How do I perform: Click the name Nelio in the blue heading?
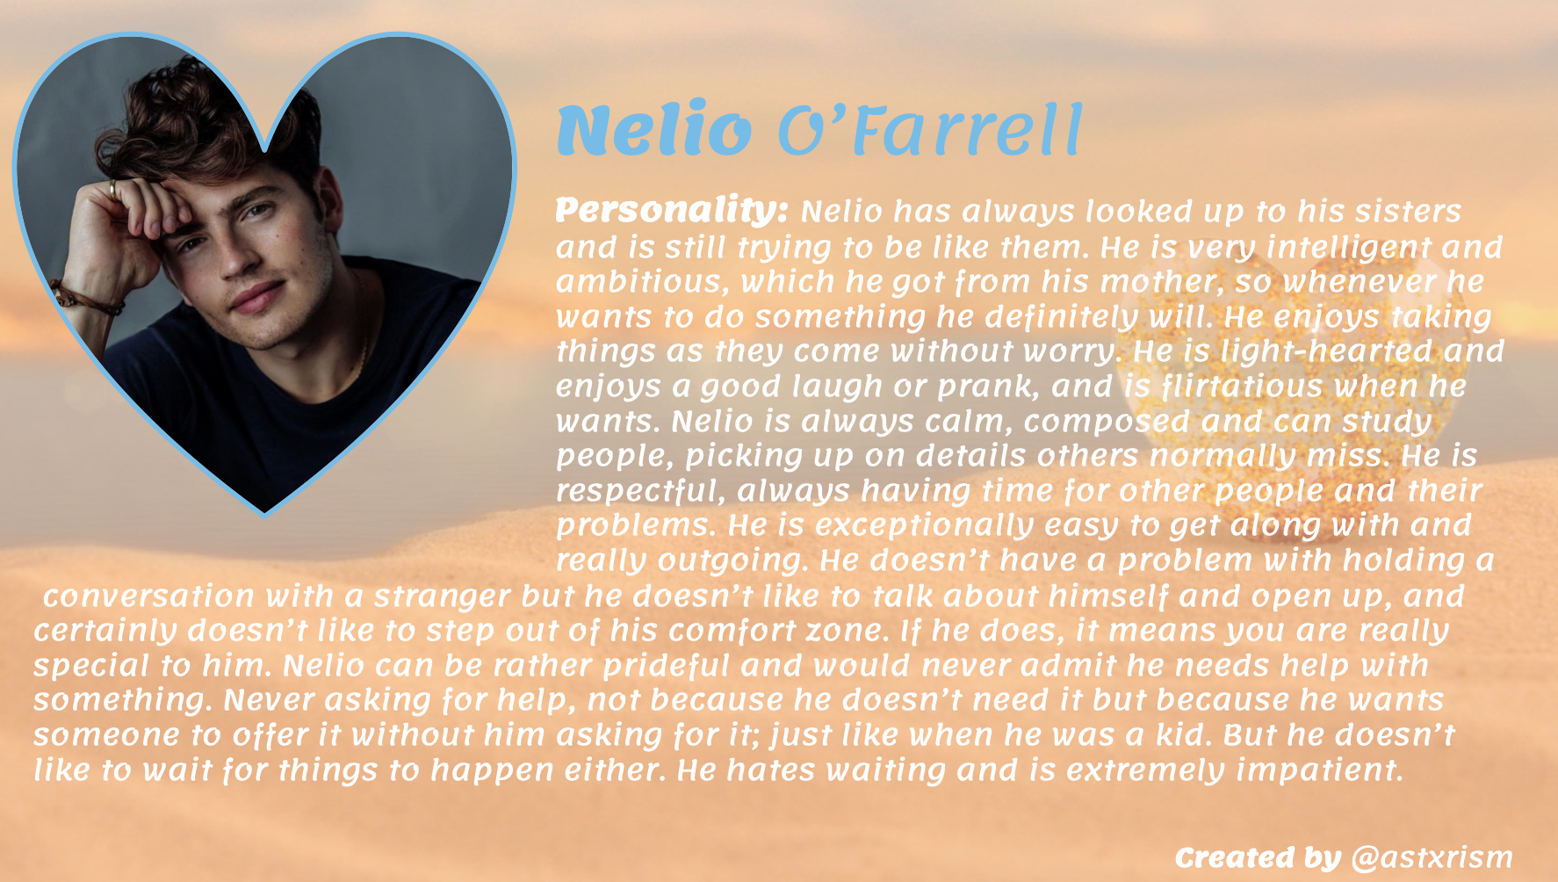pos(654,131)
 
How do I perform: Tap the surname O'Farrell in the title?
pos(930,131)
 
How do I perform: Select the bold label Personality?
pos(673,211)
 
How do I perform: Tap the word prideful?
pos(667,666)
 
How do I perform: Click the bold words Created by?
pos(1259,857)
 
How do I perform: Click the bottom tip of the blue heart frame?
pos(265,515)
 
